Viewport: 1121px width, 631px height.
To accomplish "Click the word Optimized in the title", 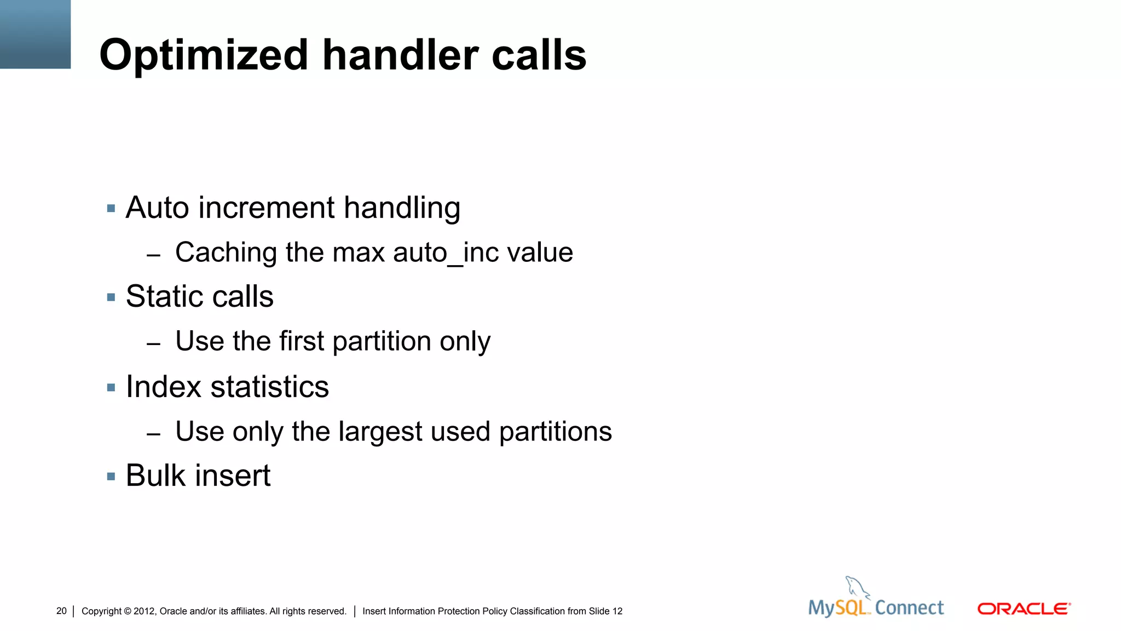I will click(x=204, y=56).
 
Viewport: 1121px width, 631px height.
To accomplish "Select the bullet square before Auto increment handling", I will click(x=111, y=208).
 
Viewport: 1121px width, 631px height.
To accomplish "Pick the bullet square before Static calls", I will click(x=111, y=297).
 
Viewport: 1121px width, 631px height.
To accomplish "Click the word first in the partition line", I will click(x=302, y=341).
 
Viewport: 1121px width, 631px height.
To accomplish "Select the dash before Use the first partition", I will click(x=154, y=344).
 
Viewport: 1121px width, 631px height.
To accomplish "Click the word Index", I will click(x=164, y=387).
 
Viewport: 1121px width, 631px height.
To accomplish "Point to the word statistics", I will click(x=270, y=387).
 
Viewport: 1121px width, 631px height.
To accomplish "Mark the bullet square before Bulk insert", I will click(x=111, y=477).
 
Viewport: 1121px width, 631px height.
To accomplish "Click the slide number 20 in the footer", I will click(x=61, y=611).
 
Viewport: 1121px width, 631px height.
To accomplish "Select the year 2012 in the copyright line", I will click(x=144, y=611).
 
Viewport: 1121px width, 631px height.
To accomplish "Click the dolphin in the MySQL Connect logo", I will click(x=857, y=587).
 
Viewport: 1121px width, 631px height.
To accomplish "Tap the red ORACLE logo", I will click(x=1024, y=609).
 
